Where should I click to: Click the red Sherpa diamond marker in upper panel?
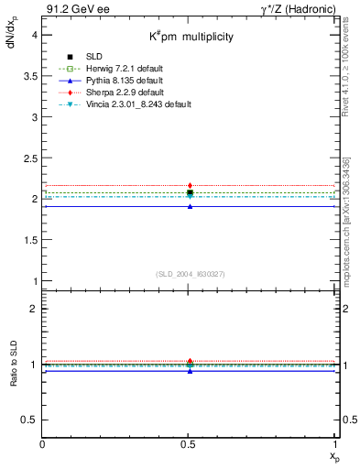click(190, 186)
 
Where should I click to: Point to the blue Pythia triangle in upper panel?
click(190, 206)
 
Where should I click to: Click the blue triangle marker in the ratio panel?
click(190, 370)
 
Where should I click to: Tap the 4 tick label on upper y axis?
click(33, 35)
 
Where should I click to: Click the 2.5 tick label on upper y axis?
click(30, 158)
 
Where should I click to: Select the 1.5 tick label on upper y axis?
click(30, 239)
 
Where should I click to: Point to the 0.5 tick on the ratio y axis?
click(30, 419)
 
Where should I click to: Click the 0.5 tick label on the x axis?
click(190, 443)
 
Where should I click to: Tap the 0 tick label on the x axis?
click(43, 443)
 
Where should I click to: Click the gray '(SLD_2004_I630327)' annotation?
click(190, 274)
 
